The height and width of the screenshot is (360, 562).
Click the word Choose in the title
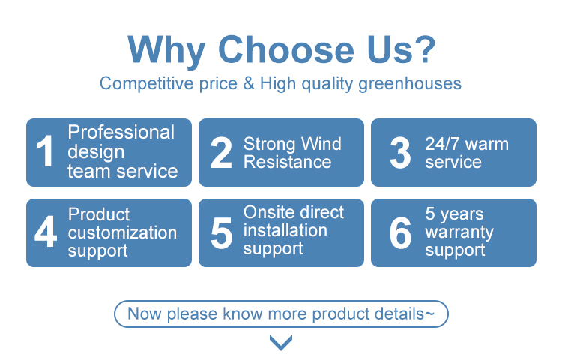(x=286, y=49)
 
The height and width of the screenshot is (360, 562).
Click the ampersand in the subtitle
(x=248, y=83)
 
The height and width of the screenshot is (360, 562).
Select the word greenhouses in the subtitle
(x=410, y=84)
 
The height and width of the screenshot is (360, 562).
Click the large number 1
(x=45, y=151)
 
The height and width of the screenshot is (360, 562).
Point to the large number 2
(x=221, y=153)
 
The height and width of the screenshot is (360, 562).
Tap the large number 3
(x=400, y=153)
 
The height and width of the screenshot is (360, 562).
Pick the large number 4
(x=46, y=231)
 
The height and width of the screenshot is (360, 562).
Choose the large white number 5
(x=222, y=233)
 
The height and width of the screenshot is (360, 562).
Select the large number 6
(x=400, y=233)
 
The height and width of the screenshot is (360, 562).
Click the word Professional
(x=121, y=132)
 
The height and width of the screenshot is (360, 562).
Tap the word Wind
(x=321, y=144)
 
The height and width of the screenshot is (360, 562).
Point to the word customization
(x=122, y=232)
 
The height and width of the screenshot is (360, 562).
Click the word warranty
(x=459, y=232)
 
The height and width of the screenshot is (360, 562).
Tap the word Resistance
(x=288, y=162)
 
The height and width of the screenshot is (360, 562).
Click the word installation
(x=285, y=230)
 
